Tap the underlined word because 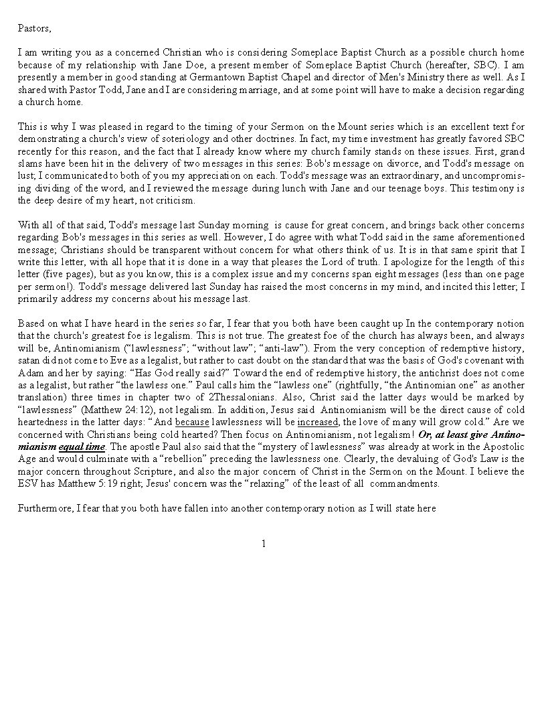click(191, 422)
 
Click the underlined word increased click(318, 422)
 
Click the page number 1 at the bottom click(264, 544)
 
